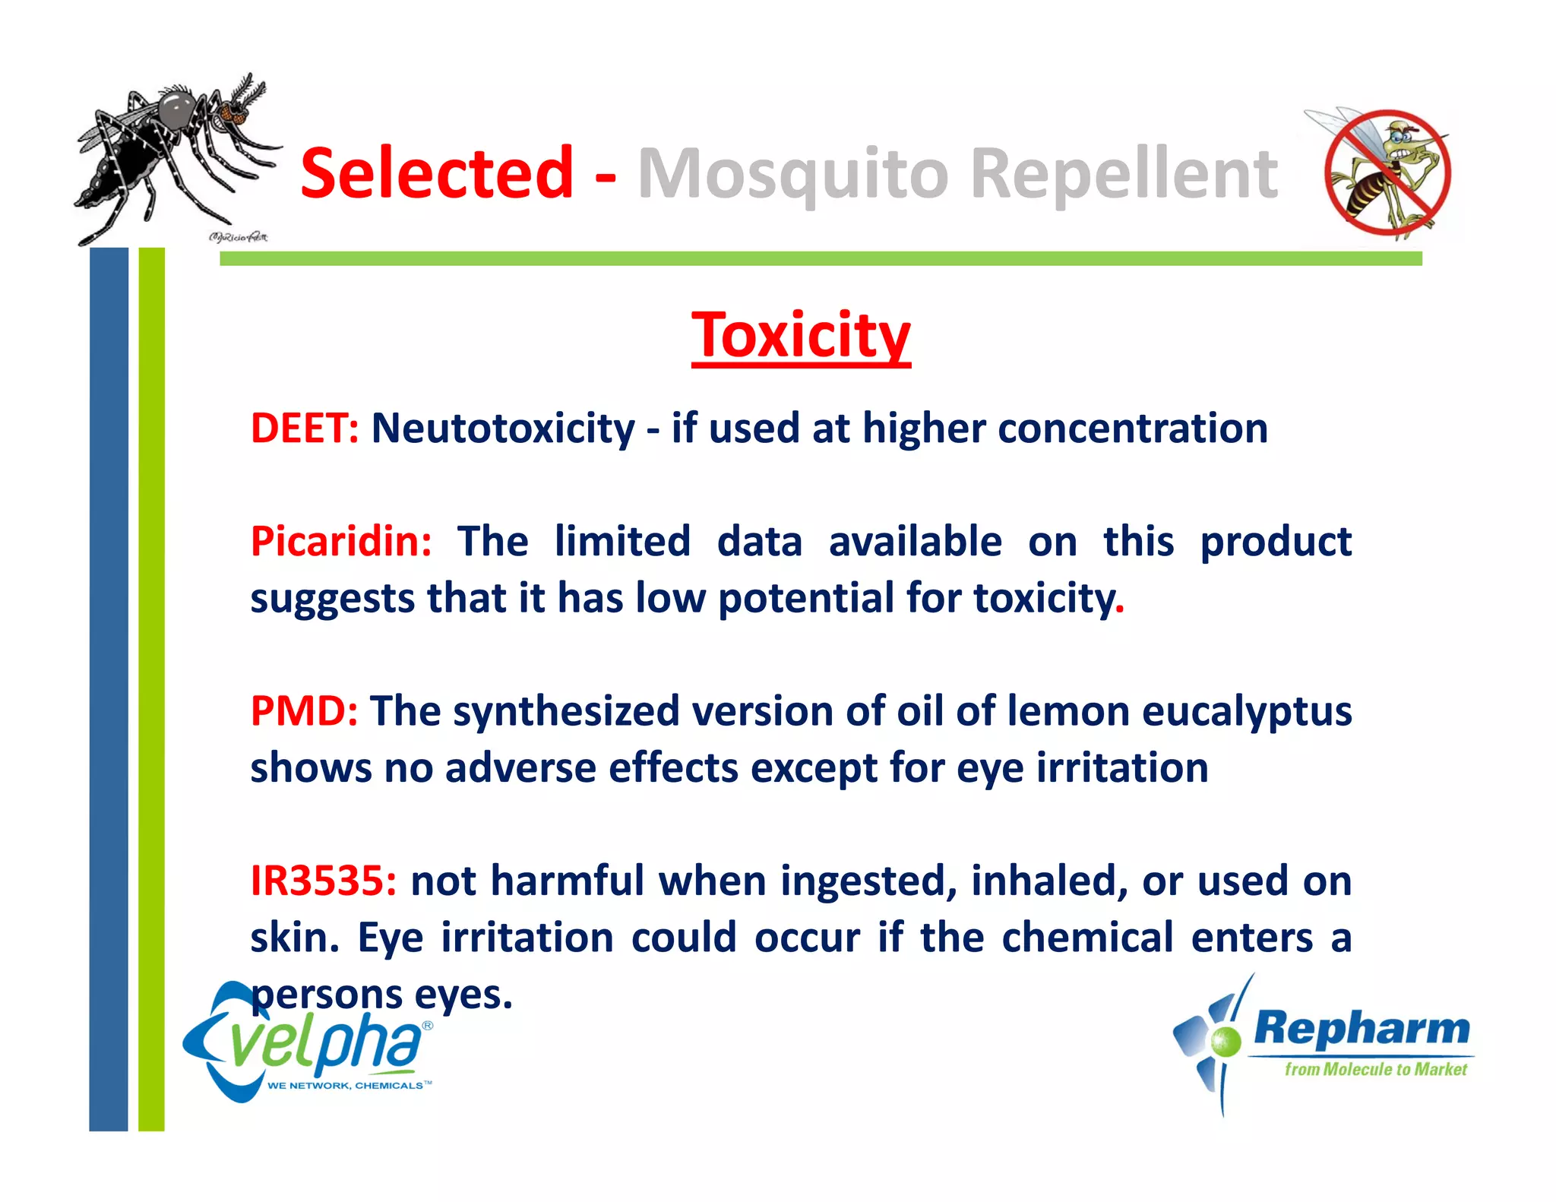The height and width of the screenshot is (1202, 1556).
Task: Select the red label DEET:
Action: pos(305,428)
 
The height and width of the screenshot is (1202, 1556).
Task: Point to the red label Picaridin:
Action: pos(341,542)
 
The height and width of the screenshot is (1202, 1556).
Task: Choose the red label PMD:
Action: pos(304,712)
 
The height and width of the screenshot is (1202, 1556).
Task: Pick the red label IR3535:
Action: pos(324,881)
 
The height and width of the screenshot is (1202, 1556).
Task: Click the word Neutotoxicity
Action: pos(502,428)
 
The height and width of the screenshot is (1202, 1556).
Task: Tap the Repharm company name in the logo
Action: pos(1361,1029)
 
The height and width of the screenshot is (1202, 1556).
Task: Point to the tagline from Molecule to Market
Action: pos(1375,1070)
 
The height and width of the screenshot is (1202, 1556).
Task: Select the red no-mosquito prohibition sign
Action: pos(1387,173)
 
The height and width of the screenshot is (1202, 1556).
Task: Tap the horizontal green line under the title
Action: pos(821,259)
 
